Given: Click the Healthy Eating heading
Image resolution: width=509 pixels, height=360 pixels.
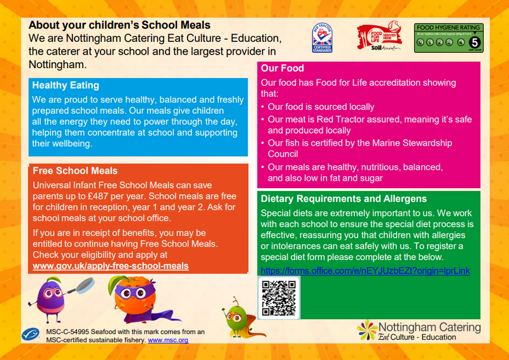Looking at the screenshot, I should tap(66, 85).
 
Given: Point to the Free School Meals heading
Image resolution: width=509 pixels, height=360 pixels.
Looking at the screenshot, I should tap(75, 171).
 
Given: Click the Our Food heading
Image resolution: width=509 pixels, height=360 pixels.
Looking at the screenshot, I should tap(282, 68).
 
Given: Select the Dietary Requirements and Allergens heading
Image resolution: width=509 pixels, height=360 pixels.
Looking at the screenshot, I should tap(344, 198).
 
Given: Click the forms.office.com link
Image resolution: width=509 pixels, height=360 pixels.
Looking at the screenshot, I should tap(365, 270).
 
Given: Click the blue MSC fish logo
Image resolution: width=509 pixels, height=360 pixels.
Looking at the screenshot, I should tap(34, 335).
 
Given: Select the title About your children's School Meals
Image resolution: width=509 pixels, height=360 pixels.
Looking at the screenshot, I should tap(120, 25).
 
